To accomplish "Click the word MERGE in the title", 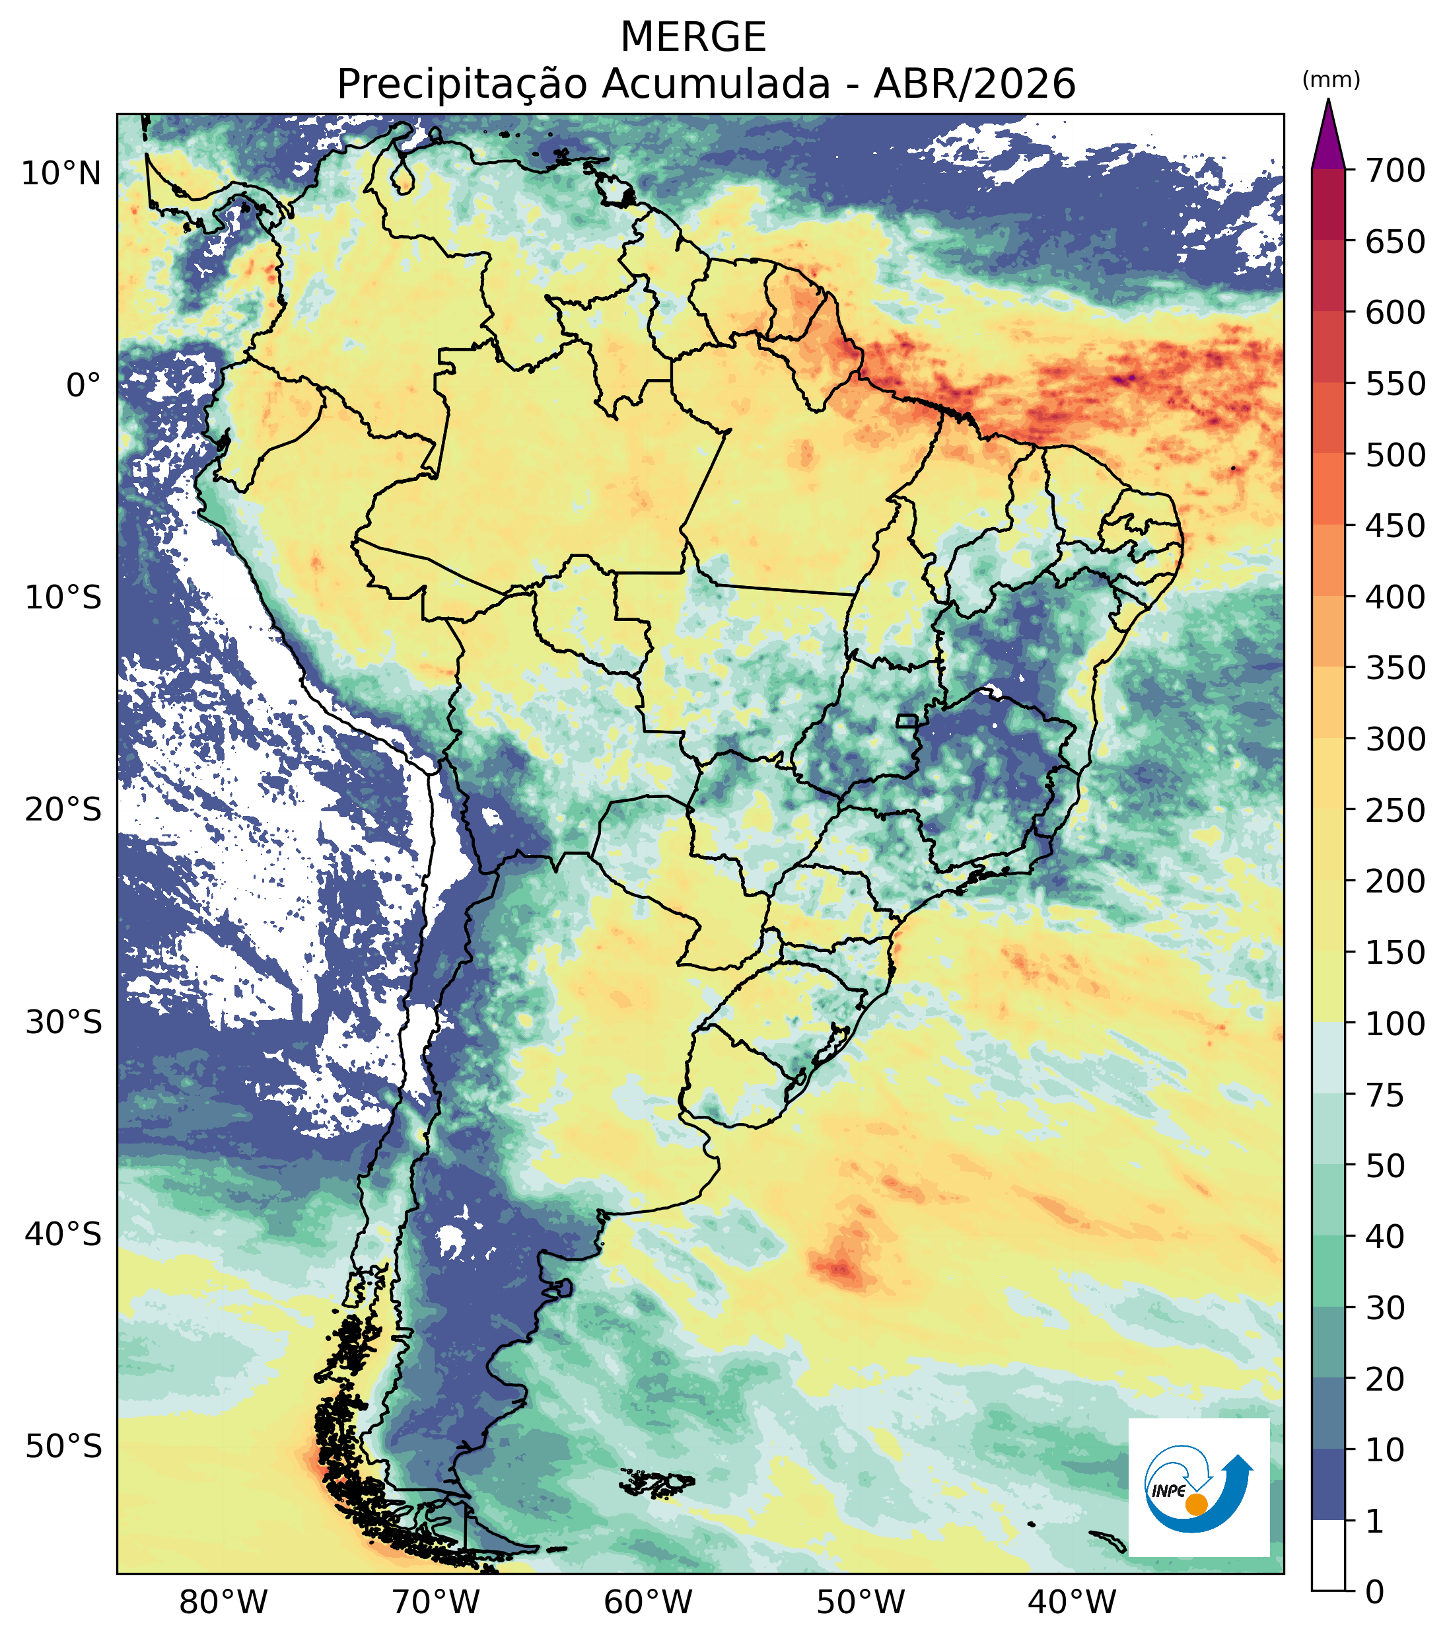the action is coord(693,38).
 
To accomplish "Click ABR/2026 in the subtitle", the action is coord(974,84).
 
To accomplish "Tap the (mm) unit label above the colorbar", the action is coord(1331,80).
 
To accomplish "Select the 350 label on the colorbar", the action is coord(1395,667).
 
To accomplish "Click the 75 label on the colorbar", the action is coord(1386,1095).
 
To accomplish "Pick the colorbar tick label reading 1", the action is coord(1376,1521).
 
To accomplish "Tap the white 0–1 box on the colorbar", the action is coord(1328,1556).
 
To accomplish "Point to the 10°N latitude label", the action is coord(61,173).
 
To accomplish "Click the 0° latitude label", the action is coord(84,386).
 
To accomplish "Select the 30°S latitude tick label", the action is coord(63,1023).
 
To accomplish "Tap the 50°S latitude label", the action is coord(63,1447).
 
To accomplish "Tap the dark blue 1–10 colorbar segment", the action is coord(1328,1485).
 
